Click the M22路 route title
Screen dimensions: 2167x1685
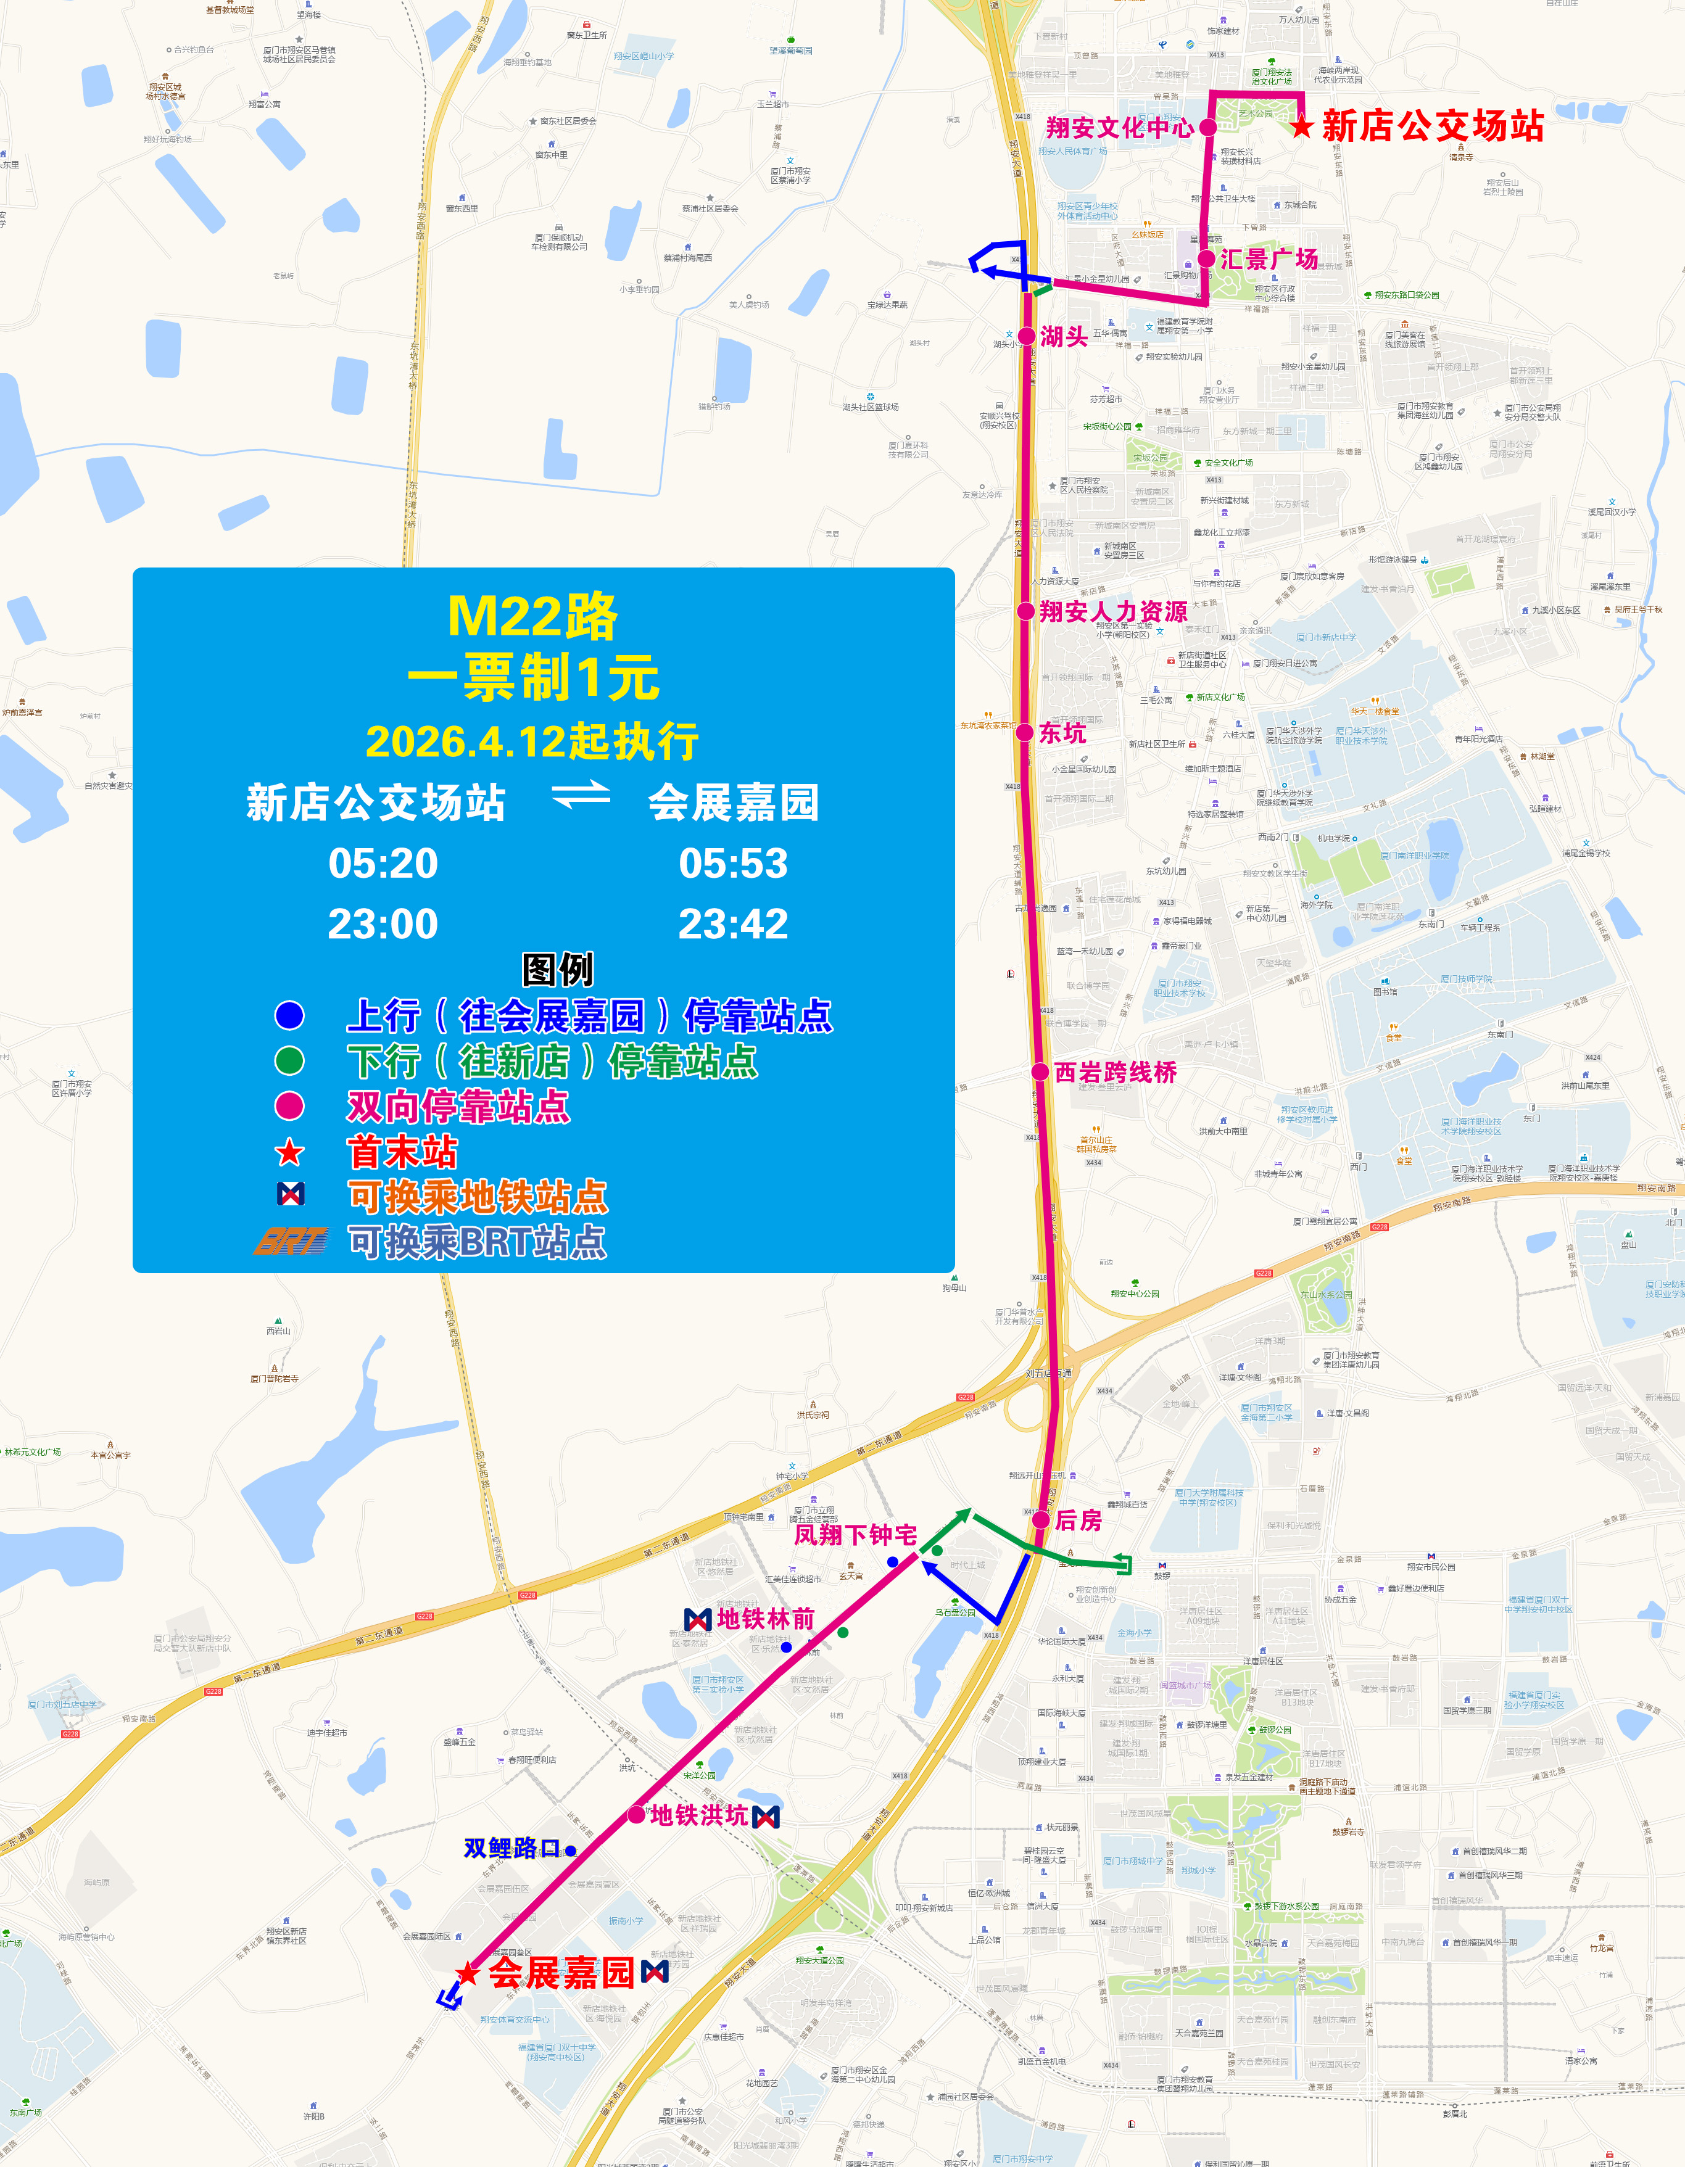click(533, 617)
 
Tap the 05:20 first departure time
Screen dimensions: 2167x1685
click(383, 863)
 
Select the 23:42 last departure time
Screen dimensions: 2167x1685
click(734, 924)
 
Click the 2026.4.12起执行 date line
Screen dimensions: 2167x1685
click(533, 741)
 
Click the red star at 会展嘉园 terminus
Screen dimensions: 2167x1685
click(468, 1973)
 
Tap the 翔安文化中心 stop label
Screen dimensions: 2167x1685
click(1119, 128)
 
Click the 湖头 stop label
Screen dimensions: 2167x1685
click(1064, 336)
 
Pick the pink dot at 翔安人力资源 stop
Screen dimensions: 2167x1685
click(1026, 611)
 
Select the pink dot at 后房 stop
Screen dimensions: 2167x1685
click(1040, 1519)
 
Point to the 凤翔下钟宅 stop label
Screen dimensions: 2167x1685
click(855, 1535)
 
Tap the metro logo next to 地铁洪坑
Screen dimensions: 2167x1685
click(766, 1817)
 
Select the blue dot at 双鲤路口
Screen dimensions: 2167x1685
click(571, 1851)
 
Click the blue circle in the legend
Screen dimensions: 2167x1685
click(290, 1015)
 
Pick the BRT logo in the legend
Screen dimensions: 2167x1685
click(290, 1241)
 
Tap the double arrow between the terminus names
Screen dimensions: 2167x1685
click(581, 794)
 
